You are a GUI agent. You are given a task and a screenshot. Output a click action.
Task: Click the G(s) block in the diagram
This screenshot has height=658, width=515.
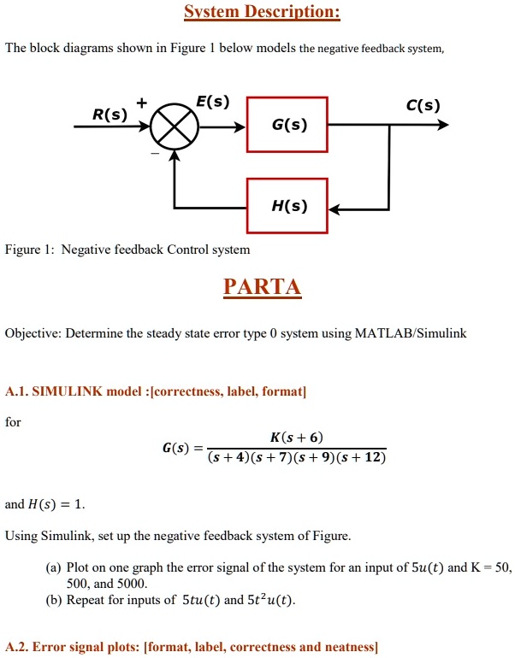point(287,126)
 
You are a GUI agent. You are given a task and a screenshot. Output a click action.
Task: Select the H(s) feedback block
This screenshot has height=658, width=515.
point(287,206)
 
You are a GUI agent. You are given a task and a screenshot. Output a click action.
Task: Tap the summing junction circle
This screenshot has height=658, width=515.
point(175,130)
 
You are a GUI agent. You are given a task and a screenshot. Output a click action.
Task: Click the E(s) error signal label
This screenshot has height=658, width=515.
point(211,102)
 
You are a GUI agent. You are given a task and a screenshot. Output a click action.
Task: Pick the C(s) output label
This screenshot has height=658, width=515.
point(423,106)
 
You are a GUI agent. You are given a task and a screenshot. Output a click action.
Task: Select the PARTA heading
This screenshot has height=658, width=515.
point(263,286)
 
